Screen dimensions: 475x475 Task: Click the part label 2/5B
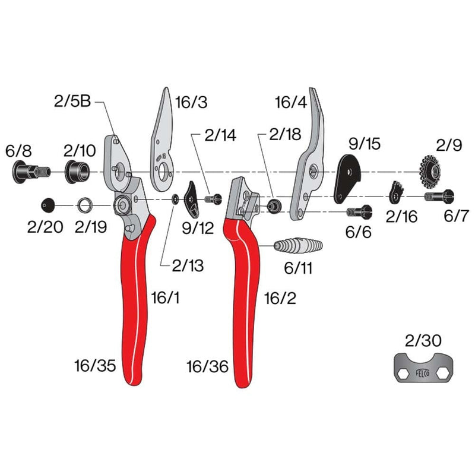[x=72, y=102]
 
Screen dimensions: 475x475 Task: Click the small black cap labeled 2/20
[x=48, y=205]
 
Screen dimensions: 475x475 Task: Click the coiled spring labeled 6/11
[x=298, y=246]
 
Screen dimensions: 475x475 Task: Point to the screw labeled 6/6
[x=359, y=211]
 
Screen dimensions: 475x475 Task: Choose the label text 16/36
[x=207, y=366]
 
